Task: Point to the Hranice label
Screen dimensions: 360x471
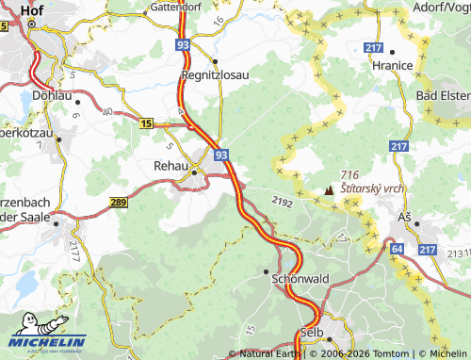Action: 392,65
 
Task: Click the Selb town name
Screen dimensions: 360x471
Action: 311,333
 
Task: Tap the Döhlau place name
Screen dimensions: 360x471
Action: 51,95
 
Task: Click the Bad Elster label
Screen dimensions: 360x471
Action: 443,97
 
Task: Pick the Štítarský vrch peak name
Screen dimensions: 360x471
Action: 373,188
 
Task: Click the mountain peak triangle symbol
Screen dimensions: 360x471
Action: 329,190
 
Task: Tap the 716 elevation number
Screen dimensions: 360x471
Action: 351,175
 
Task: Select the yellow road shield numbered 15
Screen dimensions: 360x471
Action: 145,123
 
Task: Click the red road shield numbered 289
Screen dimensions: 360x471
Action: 118,203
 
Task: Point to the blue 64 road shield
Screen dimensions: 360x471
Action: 398,248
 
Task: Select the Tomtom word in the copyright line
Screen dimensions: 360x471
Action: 390,353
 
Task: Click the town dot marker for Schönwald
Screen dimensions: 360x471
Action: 267,270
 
